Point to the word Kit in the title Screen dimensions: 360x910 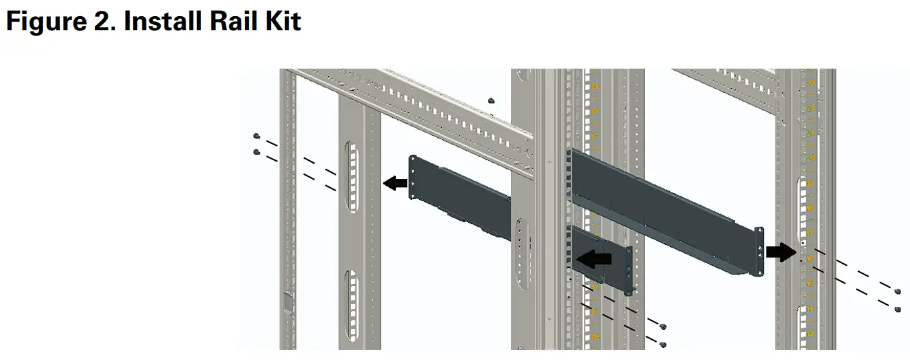[x=283, y=22]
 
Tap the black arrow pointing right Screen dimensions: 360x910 [x=780, y=252]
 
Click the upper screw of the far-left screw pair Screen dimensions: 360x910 [x=256, y=137]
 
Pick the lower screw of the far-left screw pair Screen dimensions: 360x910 [x=256, y=152]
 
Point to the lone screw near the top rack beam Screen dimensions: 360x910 [x=492, y=100]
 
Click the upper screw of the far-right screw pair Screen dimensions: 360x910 [x=898, y=291]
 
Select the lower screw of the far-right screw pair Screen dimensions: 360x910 [x=898, y=309]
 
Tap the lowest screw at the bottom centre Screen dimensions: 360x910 [x=663, y=345]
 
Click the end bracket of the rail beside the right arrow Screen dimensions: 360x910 [x=759, y=250]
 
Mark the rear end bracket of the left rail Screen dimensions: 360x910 [x=414, y=177]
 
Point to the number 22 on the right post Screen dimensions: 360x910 [x=811, y=108]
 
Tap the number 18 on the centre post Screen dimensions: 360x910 [x=595, y=111]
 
